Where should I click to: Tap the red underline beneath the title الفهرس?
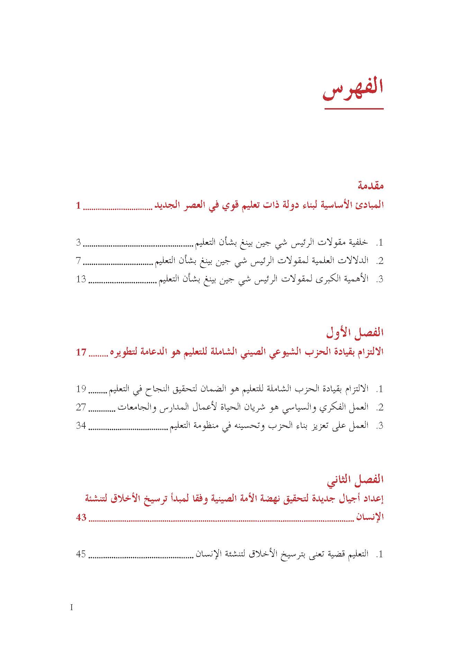coord(354,109)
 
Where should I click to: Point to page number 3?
coord(79,243)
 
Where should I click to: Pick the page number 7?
coord(79,261)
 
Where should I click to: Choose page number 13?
coord(81,279)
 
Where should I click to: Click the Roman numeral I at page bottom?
coord(72,607)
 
